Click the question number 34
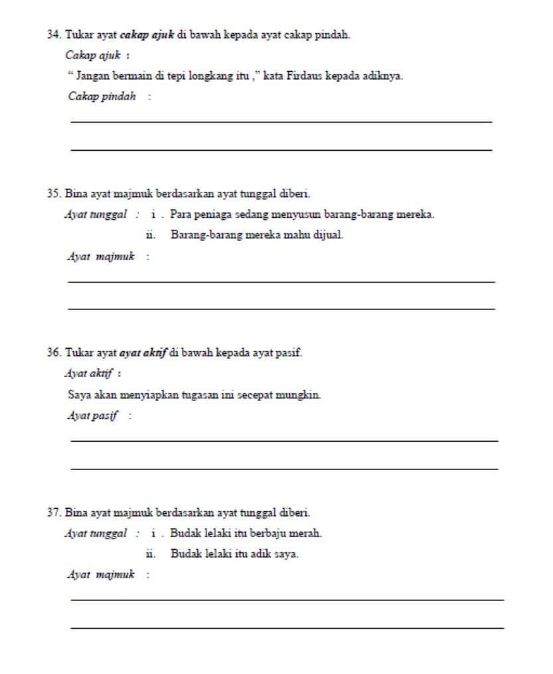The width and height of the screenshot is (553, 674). point(52,35)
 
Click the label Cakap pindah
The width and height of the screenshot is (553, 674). point(102,97)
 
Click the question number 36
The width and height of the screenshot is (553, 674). point(52,353)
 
